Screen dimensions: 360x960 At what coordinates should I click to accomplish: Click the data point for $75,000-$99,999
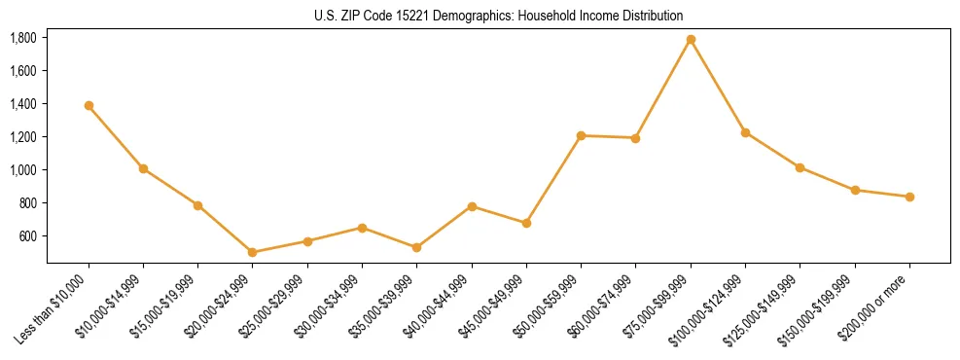coord(691,40)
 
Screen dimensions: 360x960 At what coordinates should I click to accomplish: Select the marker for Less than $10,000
coord(89,105)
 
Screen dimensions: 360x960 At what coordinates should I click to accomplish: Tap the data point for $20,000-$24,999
coord(253,252)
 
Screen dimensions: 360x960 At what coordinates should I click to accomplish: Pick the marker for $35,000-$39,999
coord(417,247)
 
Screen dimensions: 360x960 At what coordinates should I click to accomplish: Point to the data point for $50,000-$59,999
coord(581,135)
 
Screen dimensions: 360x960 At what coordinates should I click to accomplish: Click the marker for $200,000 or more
coord(909,197)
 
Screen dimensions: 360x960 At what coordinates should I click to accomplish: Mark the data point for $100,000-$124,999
coord(745,132)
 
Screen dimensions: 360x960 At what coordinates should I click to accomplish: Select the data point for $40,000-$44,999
coord(472,206)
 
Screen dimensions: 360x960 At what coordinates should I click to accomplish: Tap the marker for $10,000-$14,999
coord(143,168)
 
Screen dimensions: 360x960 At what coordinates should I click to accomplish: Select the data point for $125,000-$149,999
coord(800,167)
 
